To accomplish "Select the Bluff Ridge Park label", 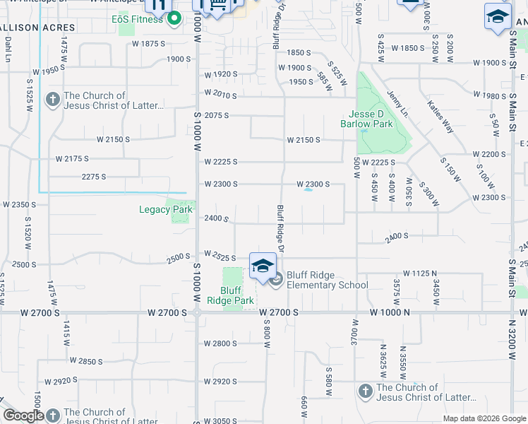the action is (x=236, y=295).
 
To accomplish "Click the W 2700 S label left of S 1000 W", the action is (x=170, y=312).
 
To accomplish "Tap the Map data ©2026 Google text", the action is (x=484, y=418).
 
